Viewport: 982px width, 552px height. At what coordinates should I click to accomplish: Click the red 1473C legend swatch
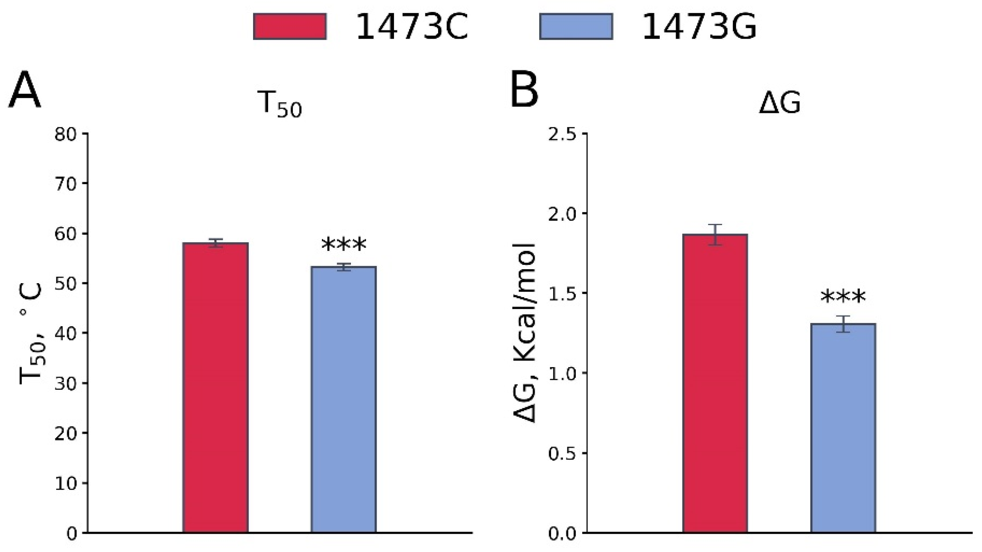(x=290, y=27)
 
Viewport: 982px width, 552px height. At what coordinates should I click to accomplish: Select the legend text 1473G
(x=699, y=27)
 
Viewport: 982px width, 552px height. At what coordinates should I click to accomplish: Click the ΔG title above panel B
(x=779, y=103)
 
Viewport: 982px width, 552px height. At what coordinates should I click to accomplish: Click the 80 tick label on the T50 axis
(x=65, y=135)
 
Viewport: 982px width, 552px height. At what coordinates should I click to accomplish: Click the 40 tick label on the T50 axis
(x=65, y=333)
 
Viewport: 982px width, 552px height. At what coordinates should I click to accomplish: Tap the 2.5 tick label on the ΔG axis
(x=562, y=135)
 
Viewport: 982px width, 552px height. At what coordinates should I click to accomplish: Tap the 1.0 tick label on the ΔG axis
(x=562, y=374)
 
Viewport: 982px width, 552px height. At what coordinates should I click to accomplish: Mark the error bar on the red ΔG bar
(x=715, y=235)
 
